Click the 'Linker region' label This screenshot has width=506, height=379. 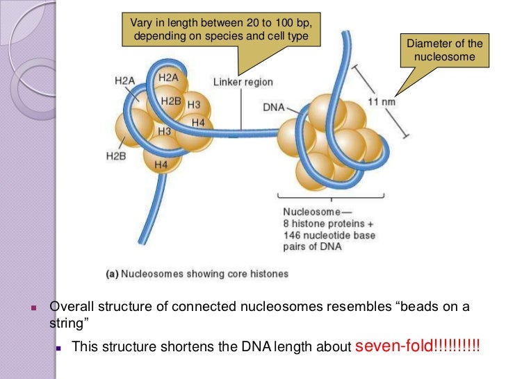[x=243, y=83]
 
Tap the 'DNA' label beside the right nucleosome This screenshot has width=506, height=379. [x=273, y=108]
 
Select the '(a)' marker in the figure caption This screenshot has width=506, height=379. [x=112, y=274]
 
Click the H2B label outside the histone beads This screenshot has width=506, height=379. [x=116, y=157]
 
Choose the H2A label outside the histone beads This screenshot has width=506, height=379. [x=124, y=81]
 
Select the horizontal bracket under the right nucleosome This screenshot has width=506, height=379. [x=330, y=198]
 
